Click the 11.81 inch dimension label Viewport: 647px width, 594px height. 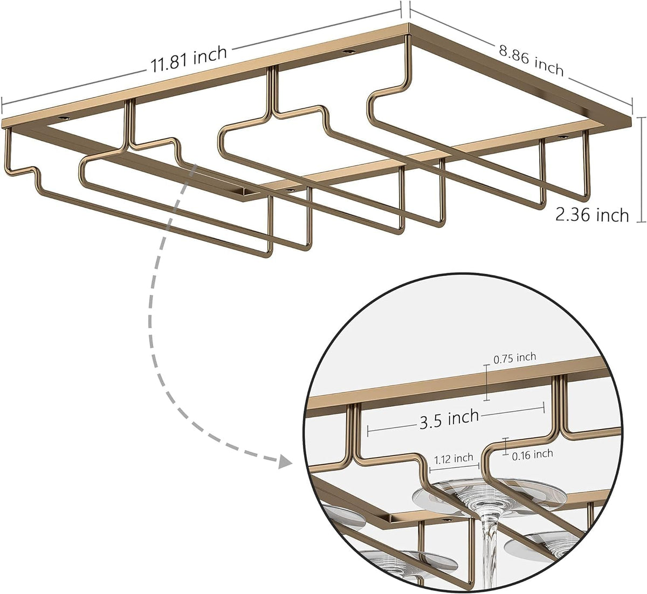pyautogui.click(x=189, y=60)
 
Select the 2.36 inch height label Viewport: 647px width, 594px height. pyautogui.click(x=592, y=215)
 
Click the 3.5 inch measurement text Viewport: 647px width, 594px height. pyautogui.click(x=449, y=419)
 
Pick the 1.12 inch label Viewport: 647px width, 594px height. pyautogui.click(x=454, y=458)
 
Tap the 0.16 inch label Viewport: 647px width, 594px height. pyautogui.click(x=533, y=454)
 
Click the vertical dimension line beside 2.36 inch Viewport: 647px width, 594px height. pyautogui.click(x=642, y=170)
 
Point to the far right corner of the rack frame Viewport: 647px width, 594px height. pyautogui.click(x=631, y=121)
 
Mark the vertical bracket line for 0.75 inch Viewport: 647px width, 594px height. pyautogui.click(x=487, y=382)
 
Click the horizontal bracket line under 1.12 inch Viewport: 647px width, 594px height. pyautogui.click(x=455, y=466)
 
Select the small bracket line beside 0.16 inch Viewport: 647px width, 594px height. pyautogui.click(x=505, y=446)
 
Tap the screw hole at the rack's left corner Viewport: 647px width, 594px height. pyautogui.click(x=63, y=119)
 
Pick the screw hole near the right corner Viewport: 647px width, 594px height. pyautogui.click(x=562, y=137)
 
